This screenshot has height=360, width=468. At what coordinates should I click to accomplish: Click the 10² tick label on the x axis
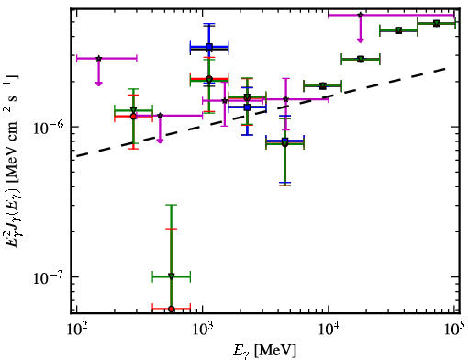pos(76,329)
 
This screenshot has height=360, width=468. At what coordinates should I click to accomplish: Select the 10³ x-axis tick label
pos(202,329)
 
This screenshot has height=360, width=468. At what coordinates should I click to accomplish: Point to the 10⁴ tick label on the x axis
pos(329,329)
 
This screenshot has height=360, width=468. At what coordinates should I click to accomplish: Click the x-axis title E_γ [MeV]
pos(264,351)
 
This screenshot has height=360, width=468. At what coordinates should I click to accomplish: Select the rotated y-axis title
pos(11,161)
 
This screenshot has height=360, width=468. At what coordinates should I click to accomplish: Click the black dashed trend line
pos(262,112)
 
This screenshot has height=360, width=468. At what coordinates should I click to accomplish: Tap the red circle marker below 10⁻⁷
pos(172,309)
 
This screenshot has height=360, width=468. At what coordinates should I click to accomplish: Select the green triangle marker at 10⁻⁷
pos(172,276)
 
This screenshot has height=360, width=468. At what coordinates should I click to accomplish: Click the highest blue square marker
pos(209,47)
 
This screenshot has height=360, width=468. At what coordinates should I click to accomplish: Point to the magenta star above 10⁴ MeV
pos(361,15)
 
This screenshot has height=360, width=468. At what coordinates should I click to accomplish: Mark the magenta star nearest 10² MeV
pos(98,58)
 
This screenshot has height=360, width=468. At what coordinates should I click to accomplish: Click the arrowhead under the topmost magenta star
pos(361,40)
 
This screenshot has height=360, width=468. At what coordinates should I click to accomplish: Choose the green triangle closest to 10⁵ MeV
pos(437,23)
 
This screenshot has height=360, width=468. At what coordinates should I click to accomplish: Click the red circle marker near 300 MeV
pos(133,117)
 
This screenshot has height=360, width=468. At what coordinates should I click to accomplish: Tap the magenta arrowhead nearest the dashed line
pos(160,141)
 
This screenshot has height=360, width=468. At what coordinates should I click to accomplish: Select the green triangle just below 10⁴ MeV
pos(323,85)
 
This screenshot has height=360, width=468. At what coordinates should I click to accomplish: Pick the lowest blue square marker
pos(284,141)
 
